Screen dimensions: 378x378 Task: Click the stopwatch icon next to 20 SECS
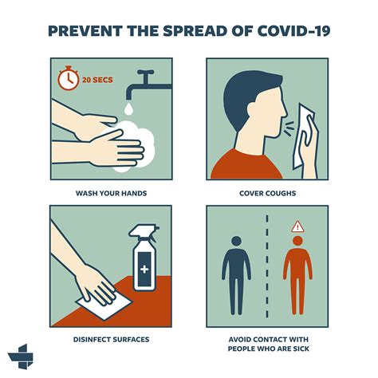pos(68,78)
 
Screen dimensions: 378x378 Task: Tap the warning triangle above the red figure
pos(297,226)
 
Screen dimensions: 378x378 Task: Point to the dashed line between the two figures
pos(267,263)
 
